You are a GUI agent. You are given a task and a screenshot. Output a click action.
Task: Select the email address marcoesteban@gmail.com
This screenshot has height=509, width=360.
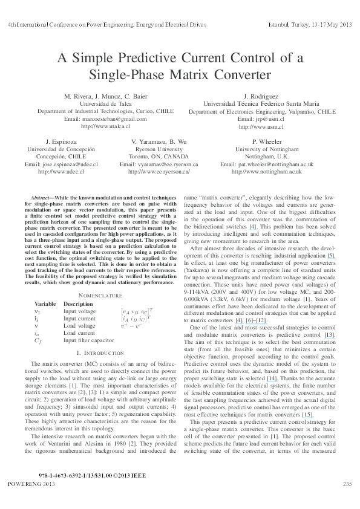coord(97,119)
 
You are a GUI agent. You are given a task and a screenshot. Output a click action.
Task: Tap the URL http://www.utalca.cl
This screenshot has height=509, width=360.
coord(97,126)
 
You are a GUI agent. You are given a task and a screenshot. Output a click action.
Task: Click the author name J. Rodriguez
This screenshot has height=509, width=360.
coord(262,97)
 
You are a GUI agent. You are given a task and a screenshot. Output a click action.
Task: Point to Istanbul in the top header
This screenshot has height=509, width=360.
coord(279,25)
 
